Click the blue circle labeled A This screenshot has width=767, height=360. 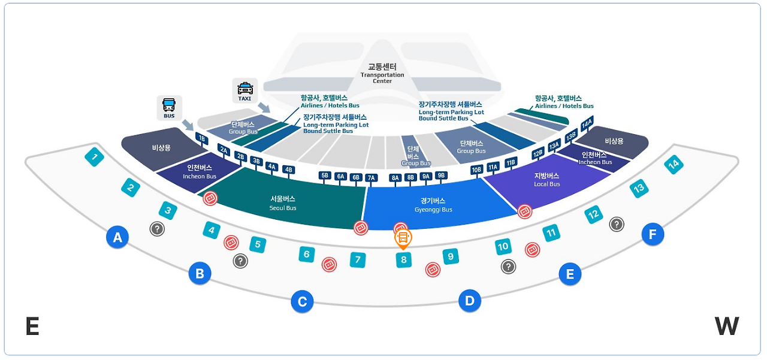(x=117, y=238)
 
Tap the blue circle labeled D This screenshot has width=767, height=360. (x=470, y=300)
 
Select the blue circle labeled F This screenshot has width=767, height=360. (x=653, y=234)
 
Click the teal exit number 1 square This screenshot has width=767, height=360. (x=94, y=158)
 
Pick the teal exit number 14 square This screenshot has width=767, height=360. (x=674, y=164)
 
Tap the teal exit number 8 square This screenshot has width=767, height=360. (x=404, y=260)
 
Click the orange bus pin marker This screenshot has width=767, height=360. (x=403, y=238)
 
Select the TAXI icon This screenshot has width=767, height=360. (x=245, y=90)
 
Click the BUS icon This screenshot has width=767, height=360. (x=169, y=108)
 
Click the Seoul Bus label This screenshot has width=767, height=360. (x=283, y=203)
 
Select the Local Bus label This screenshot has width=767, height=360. (x=546, y=180)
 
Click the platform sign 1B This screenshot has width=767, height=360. (x=202, y=138)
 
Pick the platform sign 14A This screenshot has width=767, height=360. (x=587, y=123)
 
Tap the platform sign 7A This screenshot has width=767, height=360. (x=371, y=177)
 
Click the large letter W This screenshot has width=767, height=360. (x=726, y=326)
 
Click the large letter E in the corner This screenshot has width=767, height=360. (x=32, y=327)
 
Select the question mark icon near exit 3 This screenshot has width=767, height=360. (x=157, y=228)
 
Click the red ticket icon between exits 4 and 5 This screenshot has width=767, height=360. (x=231, y=243)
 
